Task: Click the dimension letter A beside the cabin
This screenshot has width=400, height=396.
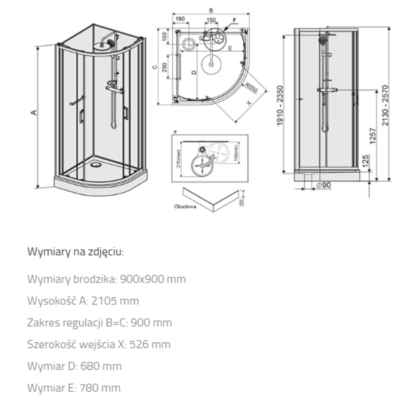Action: pos(33,112)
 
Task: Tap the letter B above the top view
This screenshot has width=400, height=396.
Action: pos(211,9)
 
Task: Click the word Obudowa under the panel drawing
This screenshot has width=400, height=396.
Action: pos(184,206)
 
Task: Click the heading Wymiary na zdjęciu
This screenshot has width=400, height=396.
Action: pos(76,251)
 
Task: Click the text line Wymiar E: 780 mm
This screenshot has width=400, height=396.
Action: pos(74,388)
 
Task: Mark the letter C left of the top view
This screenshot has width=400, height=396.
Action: pos(154,67)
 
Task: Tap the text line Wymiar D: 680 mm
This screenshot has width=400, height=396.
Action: pos(74,366)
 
